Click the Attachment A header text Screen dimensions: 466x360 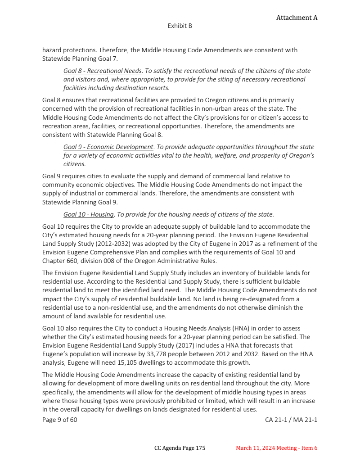pos(297,18)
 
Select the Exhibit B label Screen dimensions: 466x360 pos(180,26)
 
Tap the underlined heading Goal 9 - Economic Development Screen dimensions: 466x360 pos(108,147)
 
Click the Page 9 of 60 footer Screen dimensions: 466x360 pos(60,420)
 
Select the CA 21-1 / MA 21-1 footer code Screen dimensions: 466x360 pos(291,420)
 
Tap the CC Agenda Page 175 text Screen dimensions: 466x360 pos(180,448)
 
